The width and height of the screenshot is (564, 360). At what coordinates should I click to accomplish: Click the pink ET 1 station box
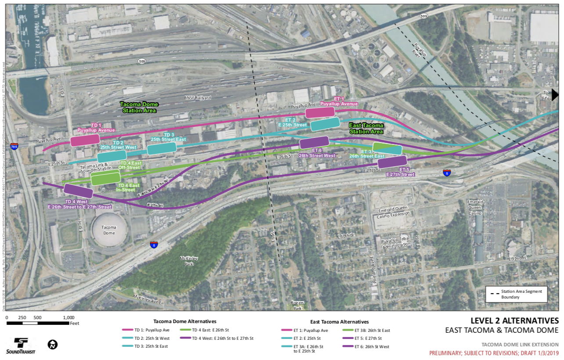pyautogui.click(x=320, y=113)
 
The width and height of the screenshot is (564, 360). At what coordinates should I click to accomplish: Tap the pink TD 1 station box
pyautogui.click(x=85, y=140)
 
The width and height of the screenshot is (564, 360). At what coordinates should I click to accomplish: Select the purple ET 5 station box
pyautogui.click(x=392, y=162)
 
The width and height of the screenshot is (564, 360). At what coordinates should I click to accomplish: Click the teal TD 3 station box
pyautogui.click(x=162, y=148)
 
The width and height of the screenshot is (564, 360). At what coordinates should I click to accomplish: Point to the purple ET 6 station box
pyautogui.click(x=314, y=142)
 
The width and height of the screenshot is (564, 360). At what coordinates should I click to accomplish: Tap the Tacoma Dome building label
pyautogui.click(x=109, y=230)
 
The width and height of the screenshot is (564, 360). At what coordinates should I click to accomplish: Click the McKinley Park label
pyautogui.click(x=189, y=260)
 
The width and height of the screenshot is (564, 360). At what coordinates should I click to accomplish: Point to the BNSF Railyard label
pyautogui.click(x=198, y=97)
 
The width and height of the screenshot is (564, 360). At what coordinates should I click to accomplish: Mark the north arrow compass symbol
pyautogui.click(x=53, y=345)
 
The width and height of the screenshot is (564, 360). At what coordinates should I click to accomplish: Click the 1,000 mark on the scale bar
pyautogui.click(x=69, y=317)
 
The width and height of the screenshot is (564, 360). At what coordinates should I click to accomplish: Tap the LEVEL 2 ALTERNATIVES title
pyautogui.click(x=514, y=321)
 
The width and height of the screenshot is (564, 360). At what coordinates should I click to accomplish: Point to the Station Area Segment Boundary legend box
pyautogui.click(x=517, y=294)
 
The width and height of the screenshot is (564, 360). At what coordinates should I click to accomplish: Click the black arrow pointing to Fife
pyautogui.click(x=555, y=94)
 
